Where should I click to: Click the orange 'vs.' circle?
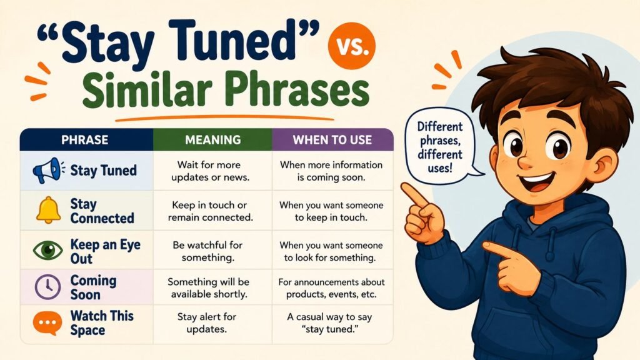point(351,45)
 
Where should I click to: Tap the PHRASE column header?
point(85,140)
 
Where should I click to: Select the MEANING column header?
point(212,140)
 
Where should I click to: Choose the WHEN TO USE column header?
point(332,140)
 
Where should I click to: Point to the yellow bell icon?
point(48,210)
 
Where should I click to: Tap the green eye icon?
point(47,250)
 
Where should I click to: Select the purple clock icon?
point(47,287)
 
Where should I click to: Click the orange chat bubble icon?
point(47,323)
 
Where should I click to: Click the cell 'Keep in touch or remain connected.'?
point(210,211)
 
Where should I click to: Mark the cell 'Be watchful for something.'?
point(207,251)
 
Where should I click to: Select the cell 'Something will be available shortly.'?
point(209,287)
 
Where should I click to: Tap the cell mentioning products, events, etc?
point(331,287)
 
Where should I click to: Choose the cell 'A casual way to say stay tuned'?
point(330,323)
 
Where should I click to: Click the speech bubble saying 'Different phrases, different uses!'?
point(440,146)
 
